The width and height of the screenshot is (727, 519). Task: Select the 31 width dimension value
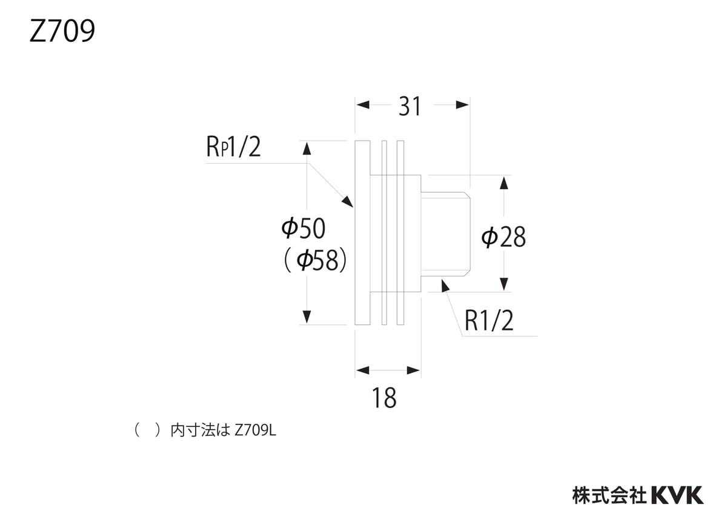[x=410, y=107]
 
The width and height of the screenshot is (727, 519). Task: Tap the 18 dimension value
[x=384, y=398]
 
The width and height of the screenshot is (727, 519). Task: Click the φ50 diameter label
[x=304, y=229]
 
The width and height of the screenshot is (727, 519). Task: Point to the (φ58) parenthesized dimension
[x=315, y=261]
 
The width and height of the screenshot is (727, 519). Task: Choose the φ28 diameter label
[x=503, y=237]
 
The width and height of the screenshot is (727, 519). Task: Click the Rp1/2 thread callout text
[x=233, y=147]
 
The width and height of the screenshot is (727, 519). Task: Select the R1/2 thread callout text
[x=489, y=321]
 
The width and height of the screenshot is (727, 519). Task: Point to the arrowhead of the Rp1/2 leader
[x=347, y=201]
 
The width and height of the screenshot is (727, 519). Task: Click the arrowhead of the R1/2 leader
[x=445, y=284]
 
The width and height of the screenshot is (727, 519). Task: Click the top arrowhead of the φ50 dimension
[x=307, y=149]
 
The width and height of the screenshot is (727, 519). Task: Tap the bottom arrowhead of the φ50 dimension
[x=307, y=316]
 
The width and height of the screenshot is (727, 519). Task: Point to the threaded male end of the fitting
[x=445, y=233]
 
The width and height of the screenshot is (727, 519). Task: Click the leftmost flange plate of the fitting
[x=362, y=233]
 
